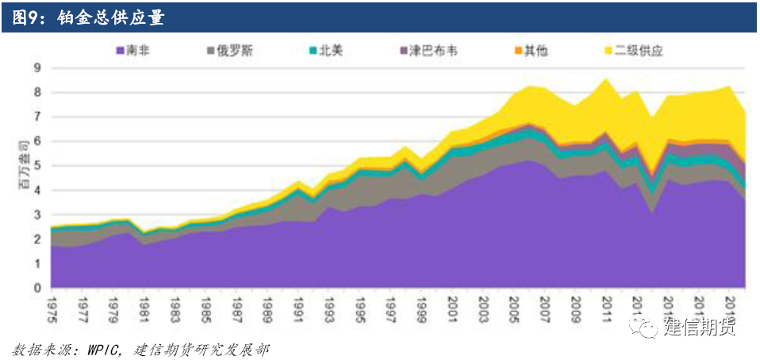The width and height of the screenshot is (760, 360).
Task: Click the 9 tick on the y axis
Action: [36, 68]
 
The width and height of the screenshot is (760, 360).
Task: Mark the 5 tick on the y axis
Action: [36, 167]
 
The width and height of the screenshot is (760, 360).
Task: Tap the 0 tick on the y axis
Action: [36, 289]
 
